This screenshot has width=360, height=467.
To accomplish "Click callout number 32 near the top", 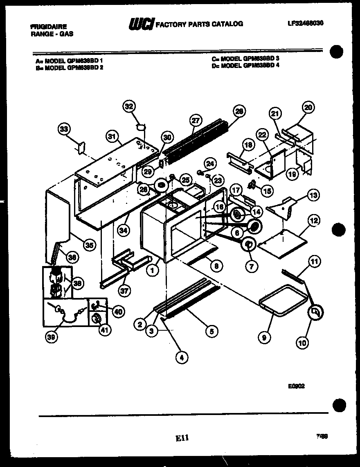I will point(130,107).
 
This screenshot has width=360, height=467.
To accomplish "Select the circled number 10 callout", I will point(303,342).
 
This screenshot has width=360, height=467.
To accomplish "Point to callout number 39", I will point(52,337).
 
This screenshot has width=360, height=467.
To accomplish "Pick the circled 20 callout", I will point(308,108).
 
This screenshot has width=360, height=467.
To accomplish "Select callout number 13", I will point(313,195).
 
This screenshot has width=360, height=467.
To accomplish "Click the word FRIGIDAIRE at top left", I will point(48,25).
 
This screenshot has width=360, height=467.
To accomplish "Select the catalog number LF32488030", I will point(305,23).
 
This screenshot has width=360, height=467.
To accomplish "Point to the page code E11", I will point(182,438).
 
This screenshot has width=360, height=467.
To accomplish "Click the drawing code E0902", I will point(296,386).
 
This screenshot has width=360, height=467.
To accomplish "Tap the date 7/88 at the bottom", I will point(322,437).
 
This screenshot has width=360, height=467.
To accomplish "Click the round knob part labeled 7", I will point(248,244).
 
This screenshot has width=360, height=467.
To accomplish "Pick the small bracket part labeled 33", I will point(81,146).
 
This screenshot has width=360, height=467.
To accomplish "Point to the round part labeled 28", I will point(162,186).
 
